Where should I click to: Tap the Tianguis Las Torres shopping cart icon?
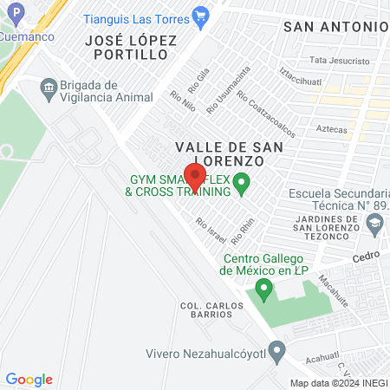(201, 15)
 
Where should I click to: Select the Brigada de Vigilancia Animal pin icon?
(49, 87)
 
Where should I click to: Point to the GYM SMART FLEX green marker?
(243, 183)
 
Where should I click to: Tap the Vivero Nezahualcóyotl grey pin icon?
(276, 353)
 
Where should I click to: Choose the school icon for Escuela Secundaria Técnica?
(374, 224)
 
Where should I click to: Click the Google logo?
(29, 380)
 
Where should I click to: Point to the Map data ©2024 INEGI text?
(338, 383)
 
